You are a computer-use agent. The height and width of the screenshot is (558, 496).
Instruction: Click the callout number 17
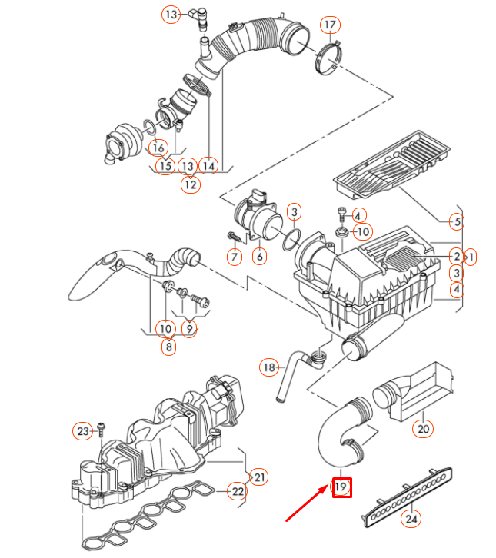click(330, 25)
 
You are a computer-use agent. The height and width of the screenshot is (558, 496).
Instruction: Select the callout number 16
click(158, 148)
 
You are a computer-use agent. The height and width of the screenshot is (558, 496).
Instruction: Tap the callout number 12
click(190, 184)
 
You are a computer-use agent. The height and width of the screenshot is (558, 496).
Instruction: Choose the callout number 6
click(259, 256)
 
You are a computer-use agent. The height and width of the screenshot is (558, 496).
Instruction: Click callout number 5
click(456, 222)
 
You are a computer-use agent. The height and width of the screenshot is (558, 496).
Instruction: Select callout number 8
click(168, 347)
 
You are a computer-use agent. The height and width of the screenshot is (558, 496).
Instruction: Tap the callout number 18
click(268, 367)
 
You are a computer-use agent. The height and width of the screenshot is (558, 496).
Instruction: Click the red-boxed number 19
click(341, 487)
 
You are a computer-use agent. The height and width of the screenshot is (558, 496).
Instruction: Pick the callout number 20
click(422, 428)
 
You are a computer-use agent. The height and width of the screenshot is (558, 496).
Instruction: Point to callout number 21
click(259, 478)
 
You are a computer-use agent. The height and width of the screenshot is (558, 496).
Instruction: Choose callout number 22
click(238, 491)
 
